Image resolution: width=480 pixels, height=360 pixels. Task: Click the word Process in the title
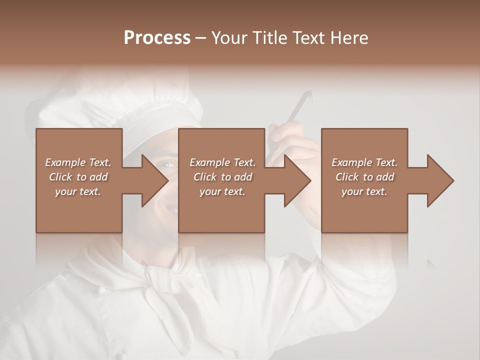point(157,38)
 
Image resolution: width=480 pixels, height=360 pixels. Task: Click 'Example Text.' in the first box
point(78,162)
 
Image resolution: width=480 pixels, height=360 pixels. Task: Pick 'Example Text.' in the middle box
point(222,162)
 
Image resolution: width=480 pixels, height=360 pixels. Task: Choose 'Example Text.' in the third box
point(364,162)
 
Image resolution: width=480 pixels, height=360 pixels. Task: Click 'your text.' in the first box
point(78,191)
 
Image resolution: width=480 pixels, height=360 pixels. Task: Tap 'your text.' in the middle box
point(222,191)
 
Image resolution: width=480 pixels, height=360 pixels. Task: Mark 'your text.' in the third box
point(364,191)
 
